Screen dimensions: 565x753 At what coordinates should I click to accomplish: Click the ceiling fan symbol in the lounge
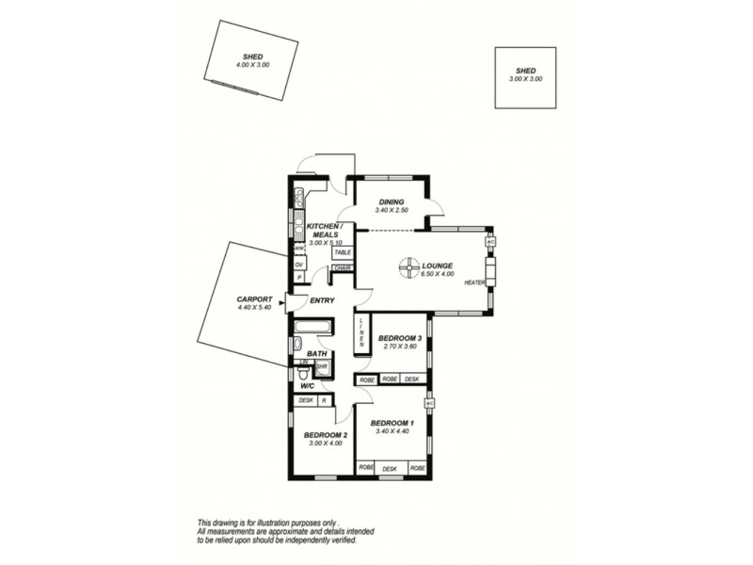point(407,268)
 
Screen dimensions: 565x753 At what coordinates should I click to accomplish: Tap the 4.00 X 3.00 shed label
point(251,66)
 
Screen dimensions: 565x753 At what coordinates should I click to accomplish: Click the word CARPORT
point(255,299)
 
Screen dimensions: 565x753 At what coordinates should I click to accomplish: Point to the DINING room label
point(392,202)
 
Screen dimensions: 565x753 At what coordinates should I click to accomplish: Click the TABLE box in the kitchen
point(342,252)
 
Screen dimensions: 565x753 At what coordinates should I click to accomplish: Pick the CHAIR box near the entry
point(342,267)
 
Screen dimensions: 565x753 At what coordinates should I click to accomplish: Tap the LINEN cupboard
point(360,331)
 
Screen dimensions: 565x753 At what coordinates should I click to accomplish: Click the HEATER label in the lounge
point(473,282)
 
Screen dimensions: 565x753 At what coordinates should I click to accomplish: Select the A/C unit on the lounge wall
point(489,242)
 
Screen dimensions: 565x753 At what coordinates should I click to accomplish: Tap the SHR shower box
point(322,367)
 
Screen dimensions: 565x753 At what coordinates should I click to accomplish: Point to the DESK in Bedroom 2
point(305,400)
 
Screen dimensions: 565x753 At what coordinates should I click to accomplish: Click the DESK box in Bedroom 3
point(411,379)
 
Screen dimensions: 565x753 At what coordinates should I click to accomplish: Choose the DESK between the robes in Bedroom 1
point(390,468)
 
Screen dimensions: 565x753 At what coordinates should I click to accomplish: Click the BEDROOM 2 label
point(326,434)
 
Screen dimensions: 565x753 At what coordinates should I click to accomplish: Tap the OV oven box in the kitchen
point(299,265)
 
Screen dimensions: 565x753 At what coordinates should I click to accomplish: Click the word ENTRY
point(322,300)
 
